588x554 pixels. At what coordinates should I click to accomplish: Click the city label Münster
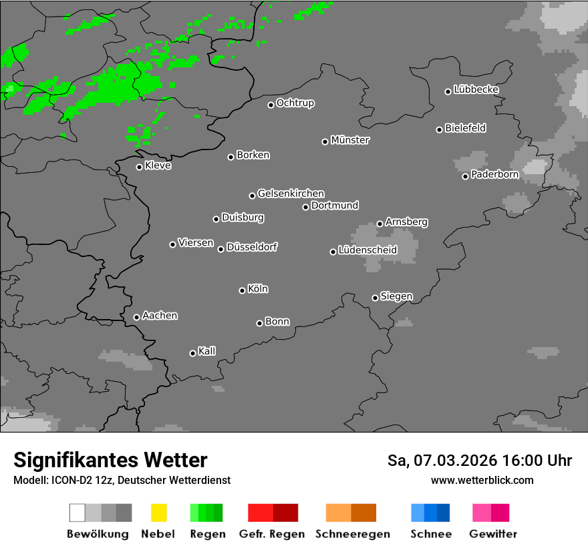click(350, 140)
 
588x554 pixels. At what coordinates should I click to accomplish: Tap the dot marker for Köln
click(242, 290)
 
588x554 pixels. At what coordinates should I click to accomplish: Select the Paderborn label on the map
click(494, 175)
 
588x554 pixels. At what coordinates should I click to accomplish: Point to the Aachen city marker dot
click(136, 317)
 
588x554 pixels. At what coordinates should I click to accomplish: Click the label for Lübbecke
click(476, 89)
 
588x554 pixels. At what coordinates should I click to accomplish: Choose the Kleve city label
click(158, 166)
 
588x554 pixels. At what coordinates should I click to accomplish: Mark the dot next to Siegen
click(375, 298)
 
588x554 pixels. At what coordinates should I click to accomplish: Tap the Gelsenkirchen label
click(291, 194)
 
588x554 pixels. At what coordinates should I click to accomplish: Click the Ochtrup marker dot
click(271, 105)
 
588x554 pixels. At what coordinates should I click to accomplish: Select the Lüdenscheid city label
click(367, 250)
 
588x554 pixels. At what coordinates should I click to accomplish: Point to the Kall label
click(206, 351)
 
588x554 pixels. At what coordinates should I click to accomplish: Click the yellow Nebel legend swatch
click(158, 513)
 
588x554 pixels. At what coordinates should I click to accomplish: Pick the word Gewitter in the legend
click(492, 534)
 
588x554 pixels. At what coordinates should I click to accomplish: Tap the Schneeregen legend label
click(352, 534)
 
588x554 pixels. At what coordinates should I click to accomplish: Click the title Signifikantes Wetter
click(110, 460)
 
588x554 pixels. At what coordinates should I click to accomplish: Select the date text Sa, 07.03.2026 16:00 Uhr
click(479, 461)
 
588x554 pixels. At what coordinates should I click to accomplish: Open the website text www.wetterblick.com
click(482, 480)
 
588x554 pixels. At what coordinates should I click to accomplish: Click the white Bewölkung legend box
click(78, 513)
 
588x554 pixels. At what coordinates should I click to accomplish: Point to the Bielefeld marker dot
click(439, 129)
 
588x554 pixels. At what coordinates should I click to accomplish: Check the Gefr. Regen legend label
click(271, 534)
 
